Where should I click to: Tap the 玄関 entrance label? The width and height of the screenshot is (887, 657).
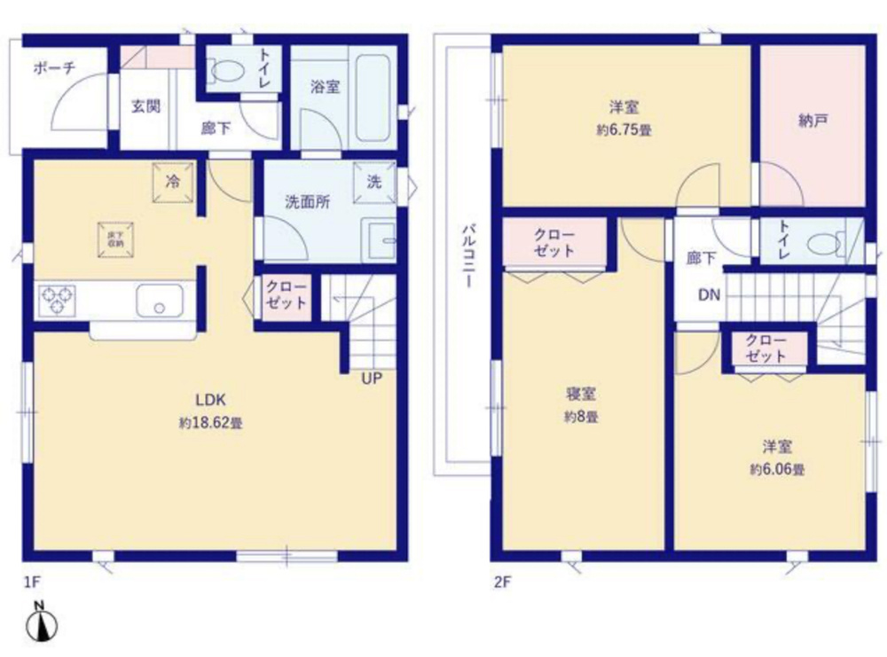pos(145,106)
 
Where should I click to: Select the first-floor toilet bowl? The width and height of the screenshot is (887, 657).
pos(226,70)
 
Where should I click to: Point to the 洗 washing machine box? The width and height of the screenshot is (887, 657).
pos(374,182)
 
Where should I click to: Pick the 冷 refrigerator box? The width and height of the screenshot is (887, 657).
pos(173,182)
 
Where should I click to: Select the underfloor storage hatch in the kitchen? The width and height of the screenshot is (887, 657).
pos(115,237)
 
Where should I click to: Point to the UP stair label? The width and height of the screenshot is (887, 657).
pos(371,379)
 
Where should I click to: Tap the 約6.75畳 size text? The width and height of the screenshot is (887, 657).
pos(624,130)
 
